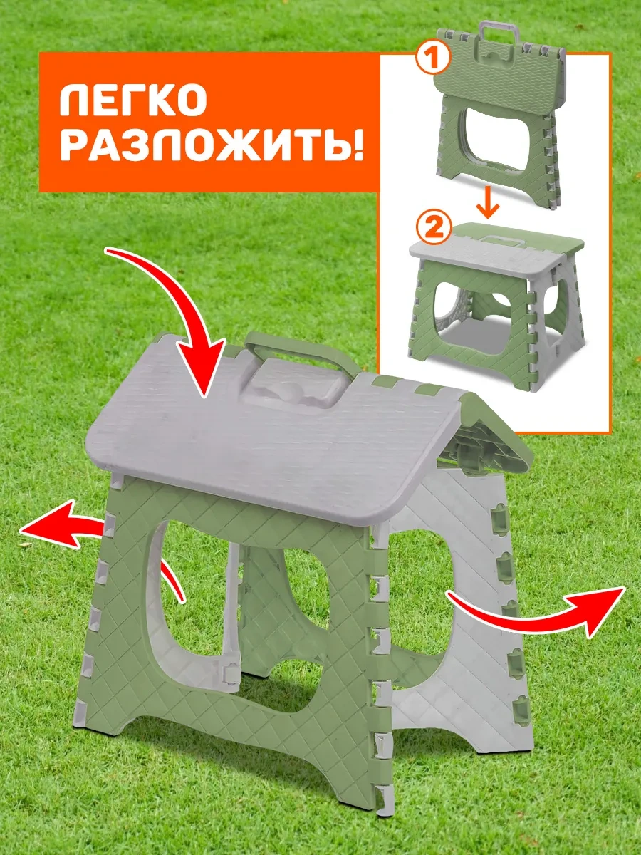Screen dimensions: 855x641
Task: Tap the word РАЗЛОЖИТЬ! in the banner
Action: coord(203,145)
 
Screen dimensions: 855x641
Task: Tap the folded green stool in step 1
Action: coord(499,121)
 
